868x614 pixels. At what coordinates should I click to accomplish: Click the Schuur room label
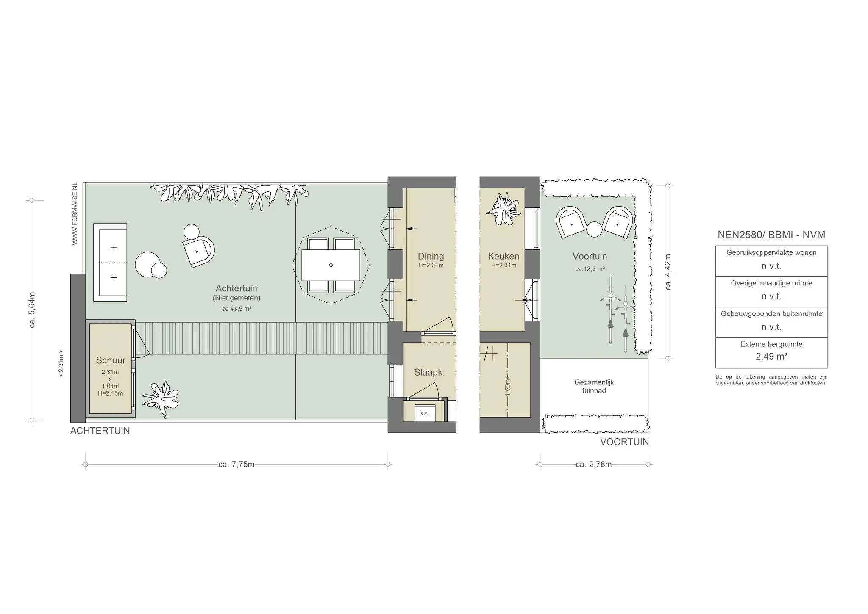(x=111, y=360)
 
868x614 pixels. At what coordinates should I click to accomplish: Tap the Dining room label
(x=431, y=256)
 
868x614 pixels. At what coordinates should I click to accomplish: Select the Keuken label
(x=504, y=256)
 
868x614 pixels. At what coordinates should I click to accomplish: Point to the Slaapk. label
(x=429, y=373)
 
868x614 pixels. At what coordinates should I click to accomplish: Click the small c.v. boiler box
(x=425, y=413)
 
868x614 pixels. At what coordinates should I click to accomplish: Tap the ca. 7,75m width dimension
(x=236, y=465)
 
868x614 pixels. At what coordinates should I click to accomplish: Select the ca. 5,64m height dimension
(x=32, y=310)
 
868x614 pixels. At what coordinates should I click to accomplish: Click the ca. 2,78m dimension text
(x=594, y=465)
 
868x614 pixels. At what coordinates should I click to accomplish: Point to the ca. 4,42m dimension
(x=668, y=272)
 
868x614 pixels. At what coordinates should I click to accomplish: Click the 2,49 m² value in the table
(x=771, y=357)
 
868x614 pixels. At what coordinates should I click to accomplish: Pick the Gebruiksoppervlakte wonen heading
(x=771, y=252)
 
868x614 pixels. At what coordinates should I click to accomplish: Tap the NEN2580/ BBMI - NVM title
(x=771, y=235)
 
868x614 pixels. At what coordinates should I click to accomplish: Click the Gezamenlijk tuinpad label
(x=594, y=386)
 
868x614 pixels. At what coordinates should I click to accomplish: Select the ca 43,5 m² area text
(x=236, y=309)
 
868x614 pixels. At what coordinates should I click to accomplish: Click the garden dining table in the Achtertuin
(x=331, y=265)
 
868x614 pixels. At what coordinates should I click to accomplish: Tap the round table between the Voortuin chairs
(x=594, y=230)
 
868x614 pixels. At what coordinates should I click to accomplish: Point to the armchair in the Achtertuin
(x=198, y=252)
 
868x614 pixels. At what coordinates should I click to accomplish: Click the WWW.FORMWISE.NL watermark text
(x=75, y=214)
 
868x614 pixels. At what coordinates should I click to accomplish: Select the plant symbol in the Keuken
(x=503, y=210)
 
